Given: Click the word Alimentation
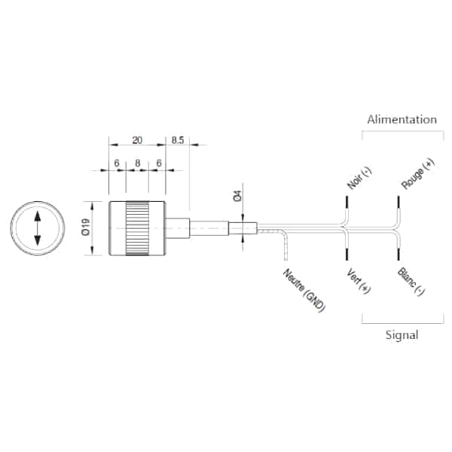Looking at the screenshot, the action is (402, 119).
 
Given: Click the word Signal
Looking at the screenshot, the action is (402, 335).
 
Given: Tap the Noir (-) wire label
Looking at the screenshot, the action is (359, 178).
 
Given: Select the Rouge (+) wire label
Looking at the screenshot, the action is (417, 174).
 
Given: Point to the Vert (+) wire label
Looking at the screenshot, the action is (359, 281).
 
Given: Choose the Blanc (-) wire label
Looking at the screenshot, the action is (411, 281).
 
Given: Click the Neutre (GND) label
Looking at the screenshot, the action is (304, 290).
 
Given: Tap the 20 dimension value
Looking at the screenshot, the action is (137, 140).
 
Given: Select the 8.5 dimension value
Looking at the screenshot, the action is (178, 140).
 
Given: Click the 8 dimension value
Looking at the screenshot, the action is (138, 163).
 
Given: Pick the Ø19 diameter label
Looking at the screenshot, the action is (86, 228).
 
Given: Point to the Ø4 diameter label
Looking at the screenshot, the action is (237, 196).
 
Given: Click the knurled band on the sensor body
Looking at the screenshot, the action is (137, 228).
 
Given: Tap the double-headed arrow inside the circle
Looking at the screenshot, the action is (38, 228).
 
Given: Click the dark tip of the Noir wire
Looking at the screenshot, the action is (347, 204).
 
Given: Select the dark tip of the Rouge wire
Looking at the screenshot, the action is (399, 204).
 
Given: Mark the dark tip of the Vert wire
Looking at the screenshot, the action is (347, 253).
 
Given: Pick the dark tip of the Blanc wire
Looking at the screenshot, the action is (399, 253).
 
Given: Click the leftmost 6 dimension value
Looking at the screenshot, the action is (117, 163).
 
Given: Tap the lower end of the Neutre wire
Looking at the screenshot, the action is (286, 260).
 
